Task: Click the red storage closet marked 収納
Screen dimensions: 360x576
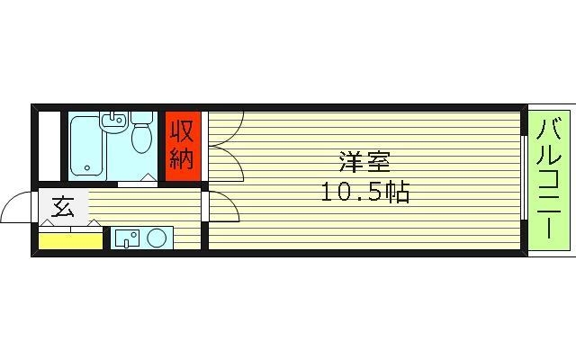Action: click(182, 146)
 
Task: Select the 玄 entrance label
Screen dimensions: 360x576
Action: click(62, 209)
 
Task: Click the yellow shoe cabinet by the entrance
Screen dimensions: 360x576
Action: click(70, 240)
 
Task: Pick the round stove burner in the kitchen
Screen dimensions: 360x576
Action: click(157, 238)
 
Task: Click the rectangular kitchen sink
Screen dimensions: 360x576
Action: click(127, 238)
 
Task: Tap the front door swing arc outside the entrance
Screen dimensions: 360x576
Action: click(16, 209)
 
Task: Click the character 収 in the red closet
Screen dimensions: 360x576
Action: click(182, 132)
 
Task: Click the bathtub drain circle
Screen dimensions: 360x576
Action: click(86, 167)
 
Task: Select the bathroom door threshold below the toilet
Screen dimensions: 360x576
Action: click(137, 183)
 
